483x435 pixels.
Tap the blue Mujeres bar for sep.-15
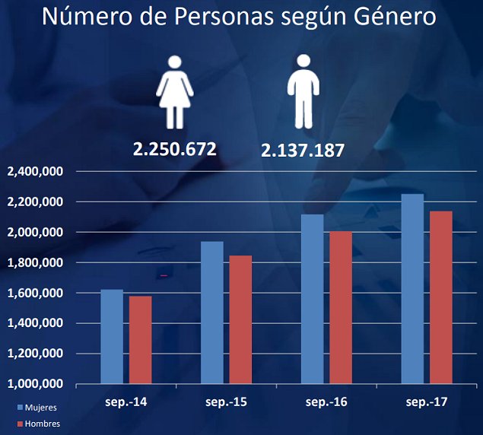click(212, 313)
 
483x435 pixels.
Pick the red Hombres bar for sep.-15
click(240, 319)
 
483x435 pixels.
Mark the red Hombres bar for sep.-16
click(341, 307)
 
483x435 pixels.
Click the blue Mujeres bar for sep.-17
click(412, 289)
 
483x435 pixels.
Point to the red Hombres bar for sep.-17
click(441, 297)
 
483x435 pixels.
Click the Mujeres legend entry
click(36, 408)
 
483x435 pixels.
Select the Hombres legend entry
click(37, 424)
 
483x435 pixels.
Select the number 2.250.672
click(175, 149)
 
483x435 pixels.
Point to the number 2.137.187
click(303, 151)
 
